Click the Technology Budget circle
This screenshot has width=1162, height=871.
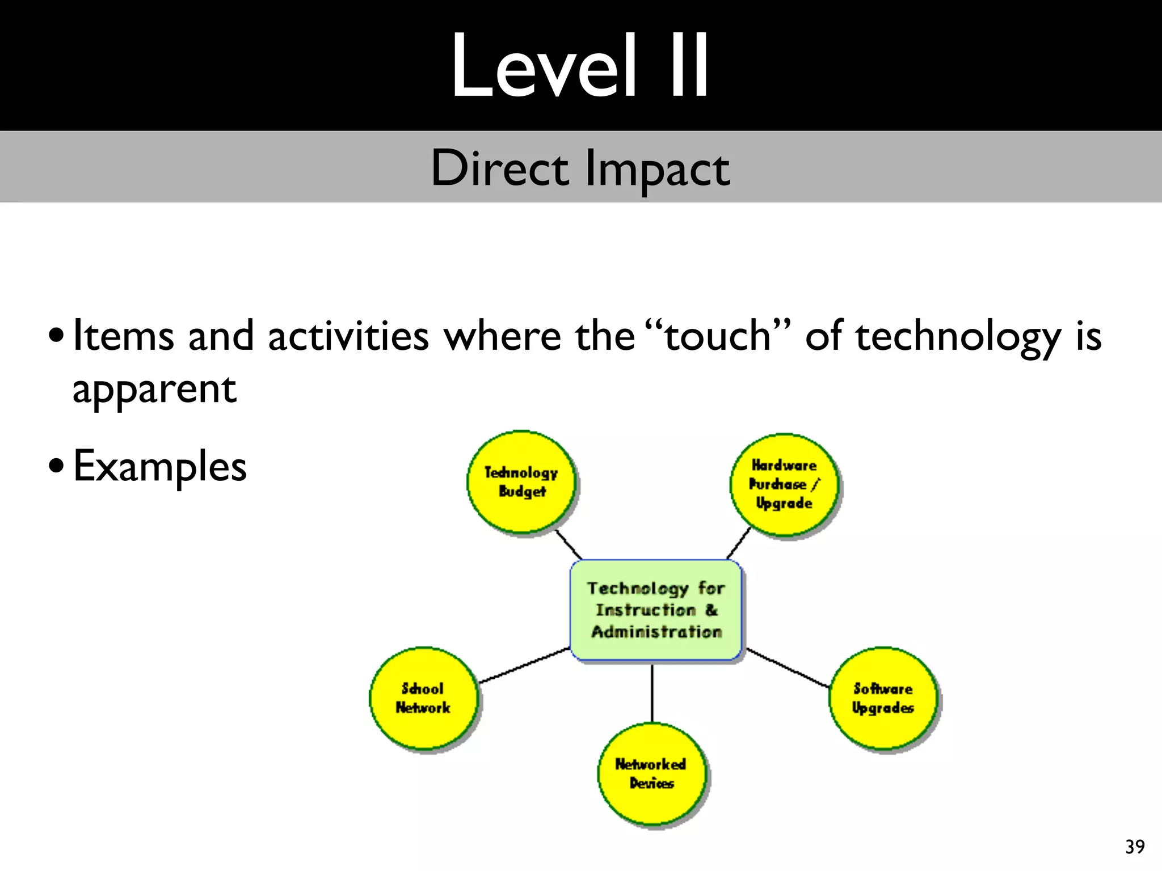[521, 482]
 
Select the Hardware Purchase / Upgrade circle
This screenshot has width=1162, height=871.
[784, 485]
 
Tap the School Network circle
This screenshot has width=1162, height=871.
[423, 698]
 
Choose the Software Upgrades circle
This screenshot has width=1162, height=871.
[883, 698]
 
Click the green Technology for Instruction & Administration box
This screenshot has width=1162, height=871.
[656, 610]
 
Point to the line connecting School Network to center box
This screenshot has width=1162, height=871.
[525, 665]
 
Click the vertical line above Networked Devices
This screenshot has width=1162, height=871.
[652, 693]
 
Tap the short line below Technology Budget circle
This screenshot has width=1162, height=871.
[569, 545]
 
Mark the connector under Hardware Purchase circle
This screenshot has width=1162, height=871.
[739, 543]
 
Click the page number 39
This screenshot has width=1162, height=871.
[1135, 847]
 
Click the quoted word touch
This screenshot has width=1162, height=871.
[717, 336]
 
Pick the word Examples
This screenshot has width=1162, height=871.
[160, 466]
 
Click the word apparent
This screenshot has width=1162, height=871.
[154, 390]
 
